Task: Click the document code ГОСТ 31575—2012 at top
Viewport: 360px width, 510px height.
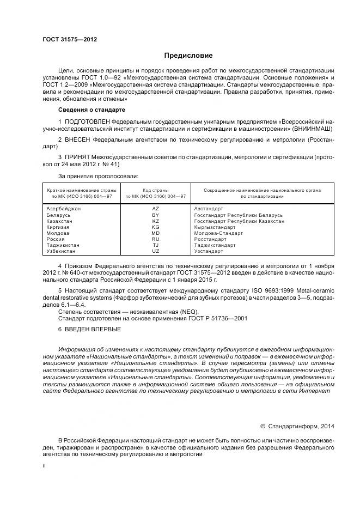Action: point(66,39)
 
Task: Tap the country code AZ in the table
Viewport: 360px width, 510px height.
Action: point(155,209)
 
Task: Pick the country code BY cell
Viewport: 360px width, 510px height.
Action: point(155,215)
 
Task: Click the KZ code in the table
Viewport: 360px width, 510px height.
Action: point(155,221)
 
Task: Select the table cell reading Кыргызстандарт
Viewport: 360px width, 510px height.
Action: point(215,227)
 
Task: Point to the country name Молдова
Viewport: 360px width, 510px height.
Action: point(58,233)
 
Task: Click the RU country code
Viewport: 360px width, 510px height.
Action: point(155,239)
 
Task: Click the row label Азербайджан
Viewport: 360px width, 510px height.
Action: point(65,209)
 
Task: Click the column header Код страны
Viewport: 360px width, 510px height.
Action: point(155,190)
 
